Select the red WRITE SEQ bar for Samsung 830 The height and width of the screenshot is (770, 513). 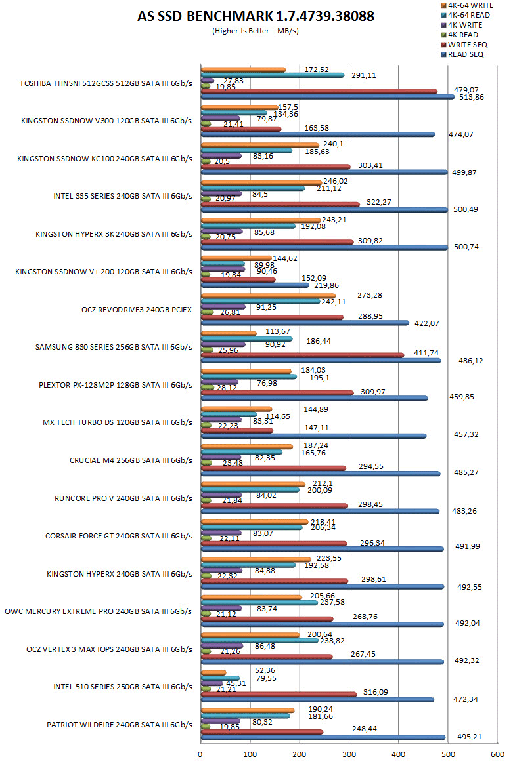pos(302,355)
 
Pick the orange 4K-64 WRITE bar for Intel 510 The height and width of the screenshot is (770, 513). pos(213,672)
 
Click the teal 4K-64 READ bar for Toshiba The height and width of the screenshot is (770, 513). pos(273,75)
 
